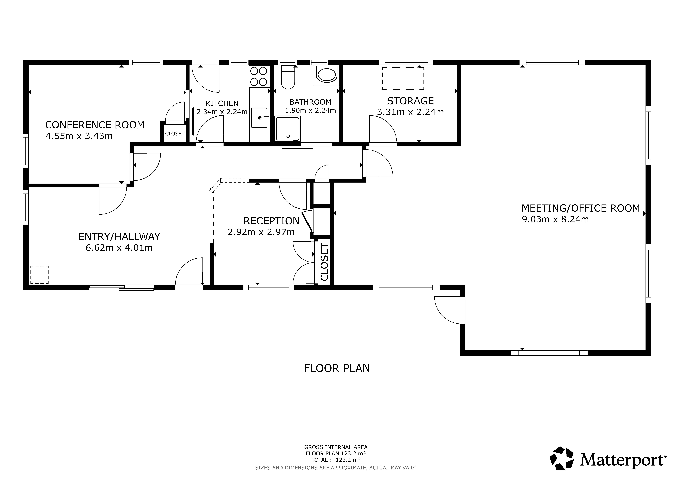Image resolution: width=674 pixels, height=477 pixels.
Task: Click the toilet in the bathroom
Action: coord(288,77)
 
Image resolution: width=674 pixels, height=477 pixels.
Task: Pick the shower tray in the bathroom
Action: coord(288,129)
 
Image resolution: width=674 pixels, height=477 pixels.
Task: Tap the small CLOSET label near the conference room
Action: coord(175,134)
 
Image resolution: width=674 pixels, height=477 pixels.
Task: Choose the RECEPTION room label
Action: coord(272,221)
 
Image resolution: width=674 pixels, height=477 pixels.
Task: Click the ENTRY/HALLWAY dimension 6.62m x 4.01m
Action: coord(119,248)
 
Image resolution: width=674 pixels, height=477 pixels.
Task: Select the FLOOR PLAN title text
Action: coord(337,368)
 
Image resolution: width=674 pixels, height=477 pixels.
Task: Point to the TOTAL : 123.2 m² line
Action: coord(336,460)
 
